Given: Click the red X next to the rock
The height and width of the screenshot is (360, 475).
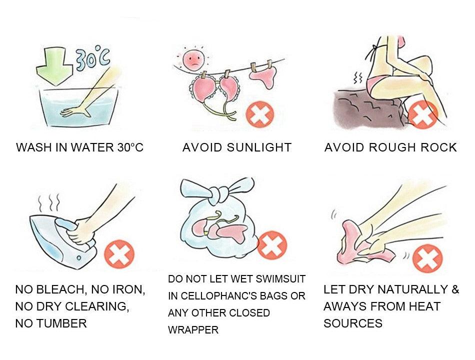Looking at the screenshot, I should [x=422, y=114].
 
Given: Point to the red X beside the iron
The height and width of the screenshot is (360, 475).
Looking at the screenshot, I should [x=119, y=253].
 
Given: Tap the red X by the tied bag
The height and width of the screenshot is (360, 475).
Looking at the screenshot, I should [x=271, y=244].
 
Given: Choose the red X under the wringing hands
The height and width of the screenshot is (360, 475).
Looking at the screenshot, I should [x=427, y=259].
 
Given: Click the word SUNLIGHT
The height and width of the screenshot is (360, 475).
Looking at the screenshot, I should [x=259, y=147].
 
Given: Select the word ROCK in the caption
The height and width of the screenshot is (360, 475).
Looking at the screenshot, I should [x=437, y=147].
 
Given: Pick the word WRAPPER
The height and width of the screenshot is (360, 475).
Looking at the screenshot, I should [x=193, y=330].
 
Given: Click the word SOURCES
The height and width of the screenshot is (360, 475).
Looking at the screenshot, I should [x=352, y=323].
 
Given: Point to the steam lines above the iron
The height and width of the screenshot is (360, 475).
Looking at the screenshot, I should [x=49, y=202].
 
